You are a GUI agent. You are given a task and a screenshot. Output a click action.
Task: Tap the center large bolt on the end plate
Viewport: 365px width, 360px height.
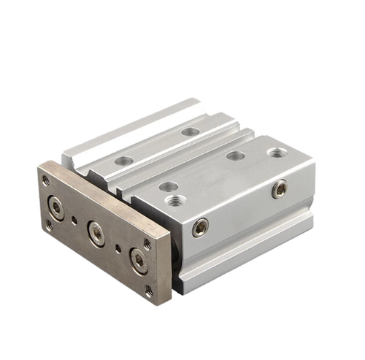96,234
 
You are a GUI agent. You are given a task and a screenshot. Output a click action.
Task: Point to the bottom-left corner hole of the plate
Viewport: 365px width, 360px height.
49,226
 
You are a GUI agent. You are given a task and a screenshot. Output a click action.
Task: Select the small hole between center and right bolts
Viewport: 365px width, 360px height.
118,248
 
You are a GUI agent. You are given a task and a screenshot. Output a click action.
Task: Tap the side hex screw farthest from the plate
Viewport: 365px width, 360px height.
279,189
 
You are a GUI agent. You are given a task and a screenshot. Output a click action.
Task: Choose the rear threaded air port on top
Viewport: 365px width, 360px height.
276,153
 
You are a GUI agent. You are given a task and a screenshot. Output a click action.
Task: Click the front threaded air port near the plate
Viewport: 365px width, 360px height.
174,199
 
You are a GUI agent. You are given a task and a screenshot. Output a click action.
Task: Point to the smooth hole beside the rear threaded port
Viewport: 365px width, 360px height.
235,156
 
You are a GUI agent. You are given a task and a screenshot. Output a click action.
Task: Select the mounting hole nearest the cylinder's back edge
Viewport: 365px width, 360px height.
191,131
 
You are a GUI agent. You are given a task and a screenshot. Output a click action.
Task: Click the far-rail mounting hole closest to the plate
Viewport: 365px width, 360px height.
123,160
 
